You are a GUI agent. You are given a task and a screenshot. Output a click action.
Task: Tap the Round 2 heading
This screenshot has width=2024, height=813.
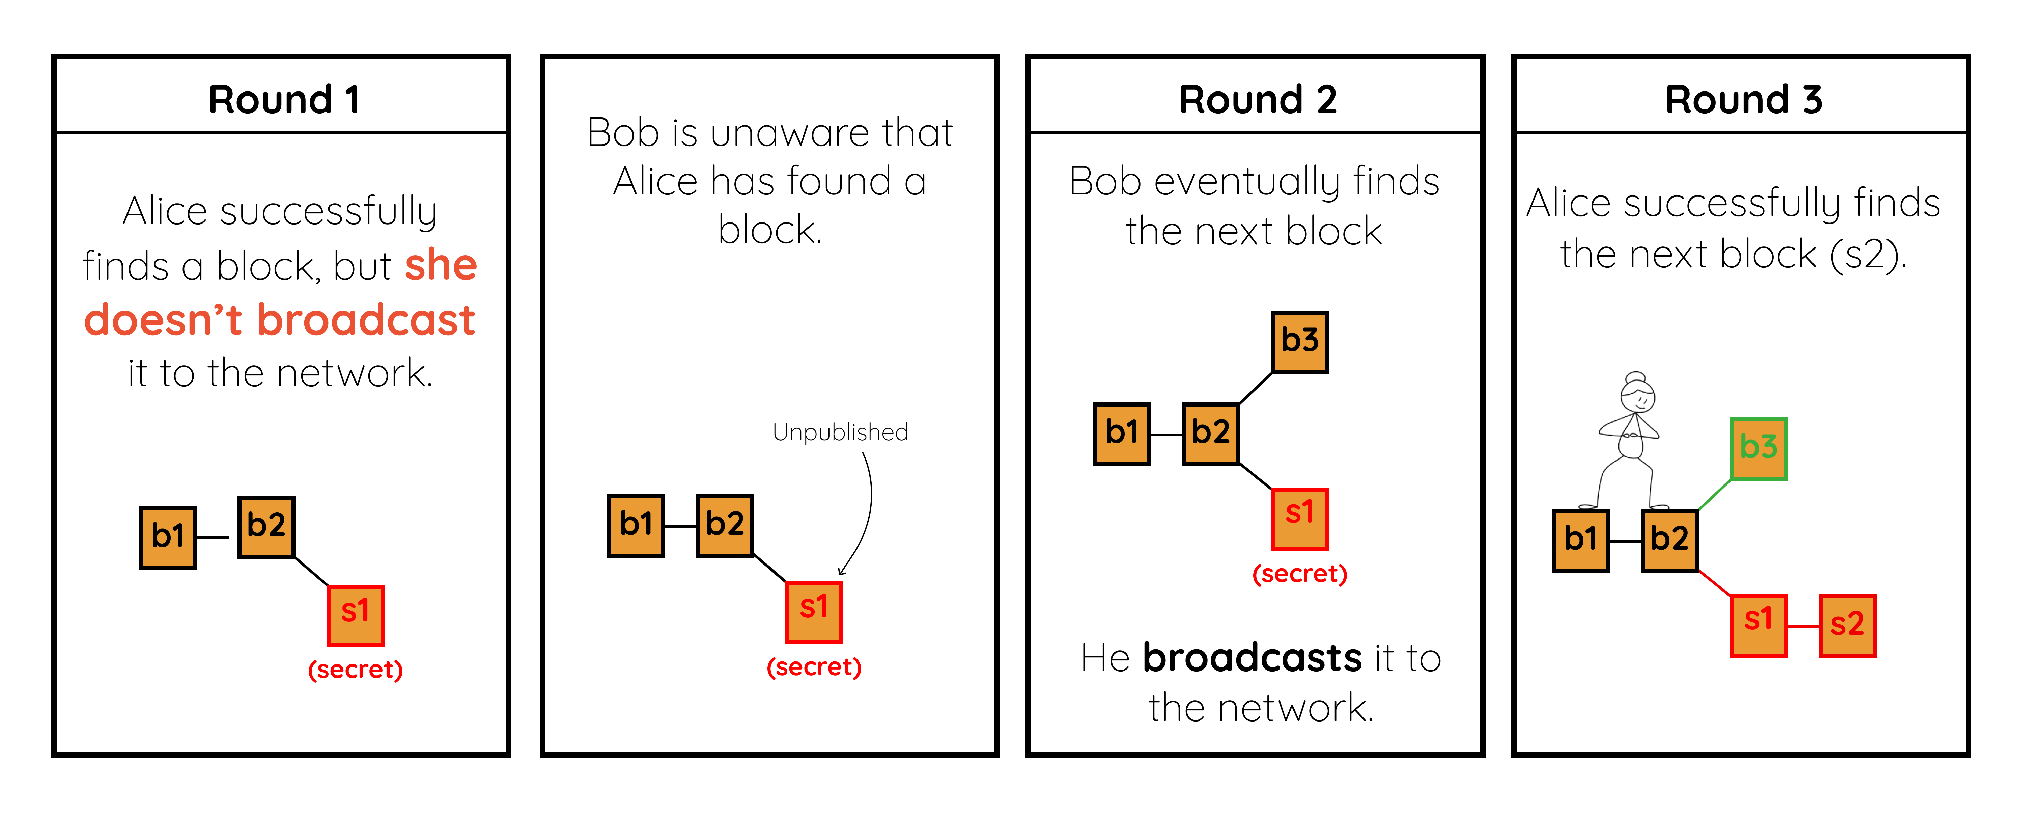click(x=1257, y=100)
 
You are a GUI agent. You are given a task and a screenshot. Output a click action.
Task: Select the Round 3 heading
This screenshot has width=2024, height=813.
click(x=1743, y=100)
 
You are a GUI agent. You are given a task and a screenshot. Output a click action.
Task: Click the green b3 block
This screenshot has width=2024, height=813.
click(x=1759, y=448)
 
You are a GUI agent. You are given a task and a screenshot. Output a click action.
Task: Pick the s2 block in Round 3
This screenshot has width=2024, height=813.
click(x=1847, y=626)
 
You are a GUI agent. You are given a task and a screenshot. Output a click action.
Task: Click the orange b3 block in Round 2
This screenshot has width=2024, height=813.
click(x=1299, y=341)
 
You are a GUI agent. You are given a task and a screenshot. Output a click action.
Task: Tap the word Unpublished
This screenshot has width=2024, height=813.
click(x=840, y=432)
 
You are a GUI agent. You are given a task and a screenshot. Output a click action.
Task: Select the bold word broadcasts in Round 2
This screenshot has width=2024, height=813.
click(x=1252, y=657)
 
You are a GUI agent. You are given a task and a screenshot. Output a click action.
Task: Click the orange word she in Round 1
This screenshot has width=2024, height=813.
click(x=441, y=265)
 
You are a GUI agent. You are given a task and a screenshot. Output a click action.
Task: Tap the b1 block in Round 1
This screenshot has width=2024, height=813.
click(x=167, y=537)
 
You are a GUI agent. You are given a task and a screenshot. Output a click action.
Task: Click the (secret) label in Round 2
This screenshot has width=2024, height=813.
click(x=1299, y=573)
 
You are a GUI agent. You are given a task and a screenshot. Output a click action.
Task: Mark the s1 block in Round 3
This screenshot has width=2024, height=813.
click(x=1759, y=626)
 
